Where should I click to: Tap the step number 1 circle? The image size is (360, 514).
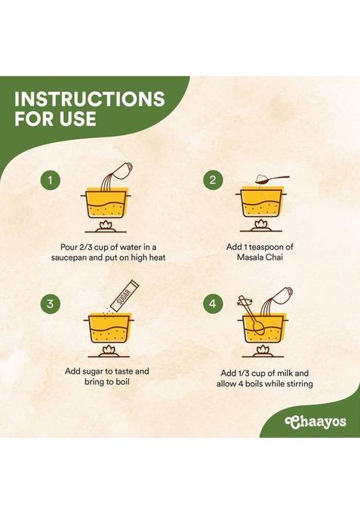pos(50,180)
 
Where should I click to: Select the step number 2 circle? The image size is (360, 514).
pos(214,180)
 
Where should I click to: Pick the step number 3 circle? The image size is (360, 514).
pos(50,304)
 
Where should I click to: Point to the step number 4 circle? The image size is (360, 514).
pos(214,304)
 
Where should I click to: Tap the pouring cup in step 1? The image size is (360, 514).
pos(122,170)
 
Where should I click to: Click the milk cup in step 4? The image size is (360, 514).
pos(282,295)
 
